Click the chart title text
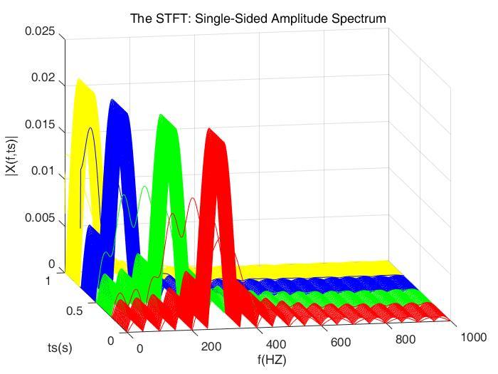pyautogui.click(x=258, y=19)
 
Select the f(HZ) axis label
pyautogui.click(x=272, y=360)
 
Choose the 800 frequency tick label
pyautogui.click(x=405, y=340)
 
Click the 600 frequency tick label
pyautogui.click(x=341, y=343)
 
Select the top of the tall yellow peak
pyautogui.click(x=78, y=80)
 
